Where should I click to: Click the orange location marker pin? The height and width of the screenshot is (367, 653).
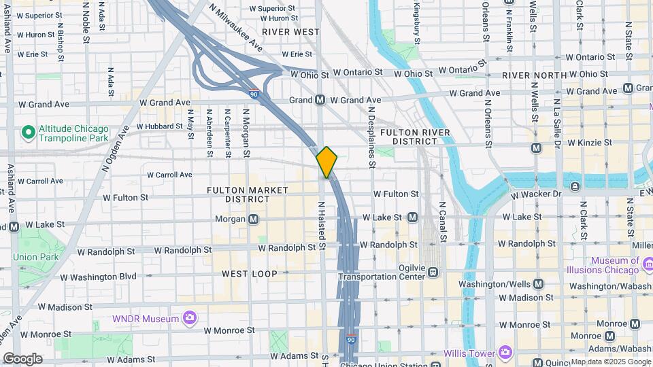pyautogui.click(x=326, y=162)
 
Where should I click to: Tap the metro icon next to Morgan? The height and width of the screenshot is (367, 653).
pyautogui.click(x=254, y=219)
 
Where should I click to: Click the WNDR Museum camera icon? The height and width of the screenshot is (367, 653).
pyautogui.click(x=190, y=318)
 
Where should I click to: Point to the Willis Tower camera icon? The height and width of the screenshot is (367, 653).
pyautogui.click(x=505, y=352)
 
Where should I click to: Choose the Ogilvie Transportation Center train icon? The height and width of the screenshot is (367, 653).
pyautogui.click(x=433, y=272)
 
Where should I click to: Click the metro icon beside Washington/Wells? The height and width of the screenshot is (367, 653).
pyautogui.click(x=539, y=284)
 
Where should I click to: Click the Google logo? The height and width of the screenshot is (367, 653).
pyautogui.click(x=22, y=358)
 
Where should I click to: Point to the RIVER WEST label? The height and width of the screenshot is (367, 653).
pyautogui.click(x=290, y=31)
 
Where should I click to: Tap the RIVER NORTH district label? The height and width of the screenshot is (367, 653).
pyautogui.click(x=534, y=75)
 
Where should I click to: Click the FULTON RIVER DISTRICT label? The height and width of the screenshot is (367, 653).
pyautogui.click(x=408, y=136)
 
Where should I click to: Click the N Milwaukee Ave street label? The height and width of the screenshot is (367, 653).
pyautogui.click(x=236, y=29)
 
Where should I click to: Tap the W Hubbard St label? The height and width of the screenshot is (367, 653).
pyautogui.click(x=159, y=126)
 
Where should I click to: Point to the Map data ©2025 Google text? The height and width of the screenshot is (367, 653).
pyautogui.click(x=610, y=361)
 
